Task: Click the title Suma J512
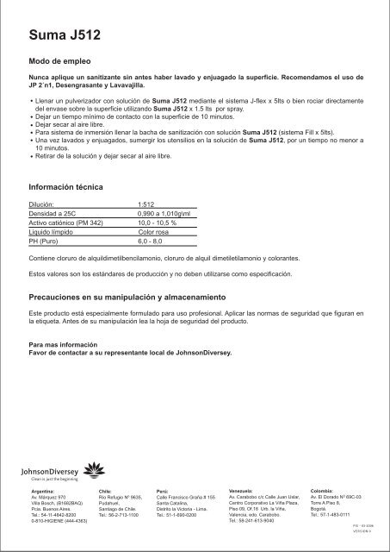(65, 34)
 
